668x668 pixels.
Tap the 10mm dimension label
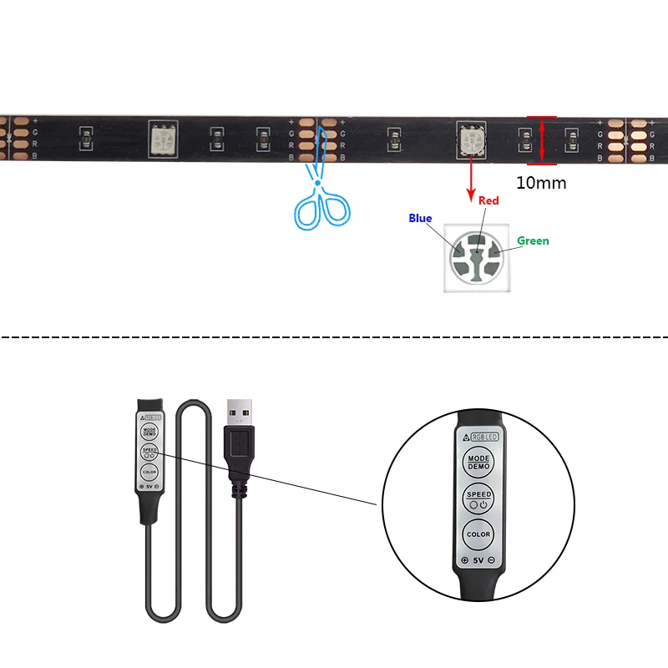point(541,182)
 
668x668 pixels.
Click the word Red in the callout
point(488,200)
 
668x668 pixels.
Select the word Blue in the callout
point(420,219)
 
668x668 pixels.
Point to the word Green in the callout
point(533,241)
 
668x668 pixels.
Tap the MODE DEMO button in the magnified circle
point(478,462)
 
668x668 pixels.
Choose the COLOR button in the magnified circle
point(478,534)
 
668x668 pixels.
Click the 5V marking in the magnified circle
point(479,560)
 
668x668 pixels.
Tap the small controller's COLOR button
point(149,473)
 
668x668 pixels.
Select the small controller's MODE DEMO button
point(149,431)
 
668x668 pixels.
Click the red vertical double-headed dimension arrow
point(541,140)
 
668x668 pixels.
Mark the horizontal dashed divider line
point(334,337)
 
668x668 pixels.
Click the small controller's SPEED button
point(149,452)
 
